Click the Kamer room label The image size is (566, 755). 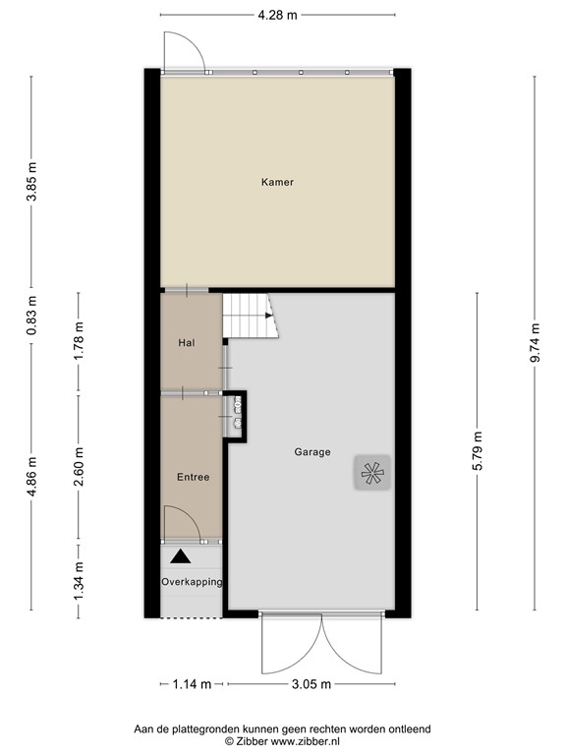click(277, 182)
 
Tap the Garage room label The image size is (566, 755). click(312, 452)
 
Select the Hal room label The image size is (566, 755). click(186, 343)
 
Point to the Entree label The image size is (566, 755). click(192, 477)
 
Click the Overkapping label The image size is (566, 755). click(192, 582)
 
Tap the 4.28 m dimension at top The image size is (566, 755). click(277, 16)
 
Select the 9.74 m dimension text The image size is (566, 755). click(535, 343)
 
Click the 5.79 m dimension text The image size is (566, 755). click(477, 452)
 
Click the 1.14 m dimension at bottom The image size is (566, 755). click(193, 684)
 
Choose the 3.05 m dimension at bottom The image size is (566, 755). click(311, 684)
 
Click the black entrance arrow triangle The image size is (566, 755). click(179, 556)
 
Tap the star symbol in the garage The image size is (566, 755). click(371, 474)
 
